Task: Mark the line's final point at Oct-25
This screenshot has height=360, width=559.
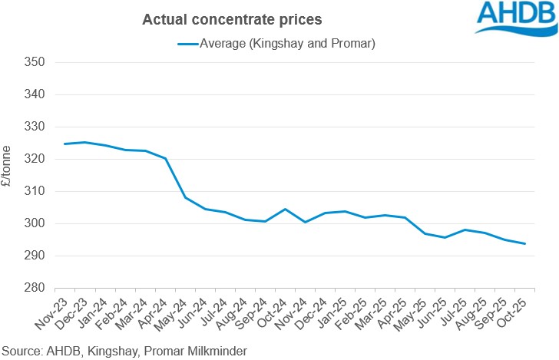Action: pos(524,243)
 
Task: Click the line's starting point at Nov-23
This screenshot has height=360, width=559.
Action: pos(64,144)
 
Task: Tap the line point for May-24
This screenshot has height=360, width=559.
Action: pos(185,197)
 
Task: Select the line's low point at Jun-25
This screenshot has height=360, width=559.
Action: pos(445,237)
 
